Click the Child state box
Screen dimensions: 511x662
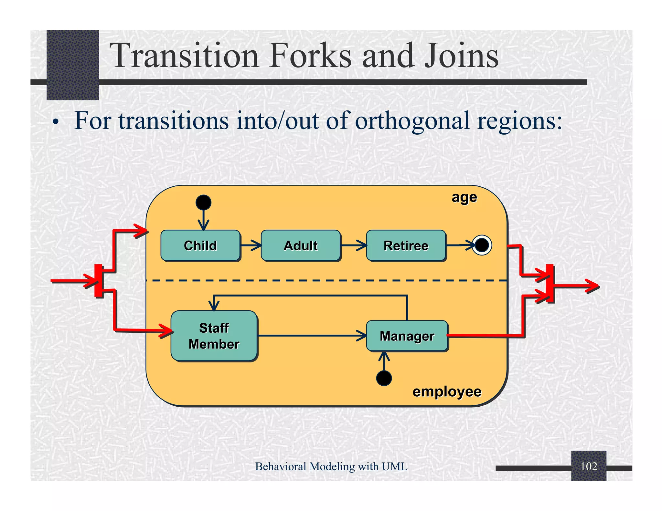tap(200, 245)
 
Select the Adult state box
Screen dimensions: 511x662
tap(301, 245)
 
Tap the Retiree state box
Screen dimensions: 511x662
tap(406, 245)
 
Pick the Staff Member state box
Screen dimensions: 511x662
tap(214, 336)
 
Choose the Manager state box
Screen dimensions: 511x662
tap(407, 336)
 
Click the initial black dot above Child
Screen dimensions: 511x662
tap(203, 203)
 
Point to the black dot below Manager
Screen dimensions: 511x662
tap(384, 378)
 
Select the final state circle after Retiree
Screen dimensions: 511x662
tap(482, 245)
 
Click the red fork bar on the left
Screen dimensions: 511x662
tap(99, 280)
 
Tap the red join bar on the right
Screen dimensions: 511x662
tap(550, 283)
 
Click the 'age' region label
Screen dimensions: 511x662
tap(464, 197)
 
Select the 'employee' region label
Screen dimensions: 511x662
tap(447, 391)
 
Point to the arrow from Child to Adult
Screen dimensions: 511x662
tap(251, 245)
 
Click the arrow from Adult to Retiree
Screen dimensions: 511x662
tap(353, 245)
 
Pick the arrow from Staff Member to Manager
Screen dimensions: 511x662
tap(312, 336)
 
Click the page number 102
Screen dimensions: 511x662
tap(589, 466)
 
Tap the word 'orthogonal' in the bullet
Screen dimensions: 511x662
tap(412, 121)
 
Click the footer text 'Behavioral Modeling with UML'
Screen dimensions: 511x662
tap(331, 466)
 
